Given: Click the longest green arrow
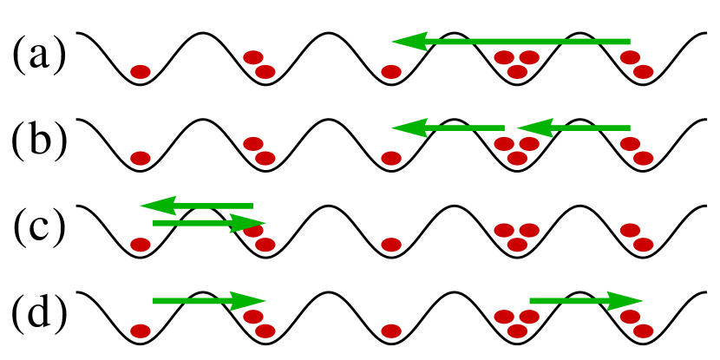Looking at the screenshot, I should tap(520, 42).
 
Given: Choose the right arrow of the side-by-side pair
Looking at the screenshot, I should tap(577, 128).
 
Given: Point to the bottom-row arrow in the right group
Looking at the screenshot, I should tap(581, 301).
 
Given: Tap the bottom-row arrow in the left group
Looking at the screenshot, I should tap(204, 301).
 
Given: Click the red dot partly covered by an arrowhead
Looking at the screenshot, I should tap(253, 230).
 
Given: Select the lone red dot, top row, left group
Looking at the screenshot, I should tap(141, 72).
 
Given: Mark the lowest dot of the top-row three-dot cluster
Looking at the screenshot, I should tap(517, 72).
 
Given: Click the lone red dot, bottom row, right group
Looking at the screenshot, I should tap(391, 331).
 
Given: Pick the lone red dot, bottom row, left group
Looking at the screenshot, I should tap(141, 331).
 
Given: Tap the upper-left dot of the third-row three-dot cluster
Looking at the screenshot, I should tap(504, 230).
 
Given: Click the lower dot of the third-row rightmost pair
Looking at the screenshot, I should tap(644, 245).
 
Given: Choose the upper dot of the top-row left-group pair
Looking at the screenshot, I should tap(253, 57).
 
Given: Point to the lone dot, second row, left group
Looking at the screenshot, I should tap(141, 158).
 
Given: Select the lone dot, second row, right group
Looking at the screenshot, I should tap(391, 158).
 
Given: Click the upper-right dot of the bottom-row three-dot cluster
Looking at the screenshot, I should tap(529, 317).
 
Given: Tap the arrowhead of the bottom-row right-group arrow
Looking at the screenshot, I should tap(625, 301).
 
